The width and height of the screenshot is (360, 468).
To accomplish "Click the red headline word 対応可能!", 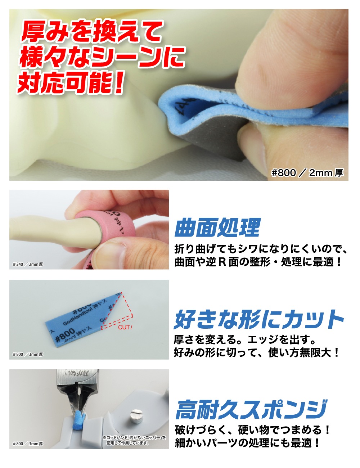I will point(71,82).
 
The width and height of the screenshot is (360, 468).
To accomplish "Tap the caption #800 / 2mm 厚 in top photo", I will point(307,173).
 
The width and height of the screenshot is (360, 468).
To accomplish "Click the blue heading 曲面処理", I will point(217,228).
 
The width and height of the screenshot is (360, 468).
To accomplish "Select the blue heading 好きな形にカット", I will point(258,319).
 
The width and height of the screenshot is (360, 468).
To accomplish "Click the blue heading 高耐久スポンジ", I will point(251,410).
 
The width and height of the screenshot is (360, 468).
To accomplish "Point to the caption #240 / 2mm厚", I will point(28,264).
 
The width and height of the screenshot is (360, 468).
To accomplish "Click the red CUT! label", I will point(125,327).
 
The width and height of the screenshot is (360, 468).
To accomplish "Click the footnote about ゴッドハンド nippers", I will point(134,441).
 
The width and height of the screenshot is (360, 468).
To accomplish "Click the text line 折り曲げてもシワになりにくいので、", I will point(260,249).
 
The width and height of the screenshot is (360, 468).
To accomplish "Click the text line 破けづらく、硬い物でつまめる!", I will point(252,430).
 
